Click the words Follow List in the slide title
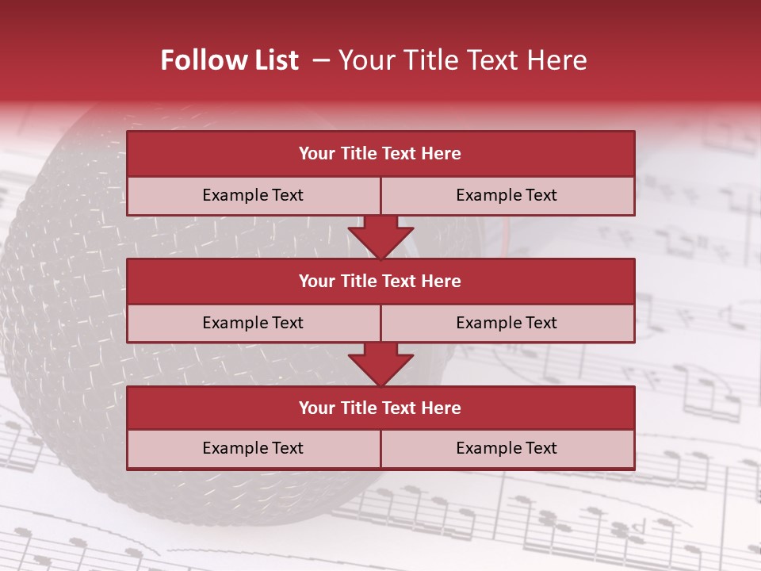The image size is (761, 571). click(229, 60)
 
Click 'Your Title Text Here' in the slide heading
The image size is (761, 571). click(462, 60)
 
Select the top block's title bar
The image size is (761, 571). click(380, 154)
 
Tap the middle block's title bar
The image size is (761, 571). click(380, 281)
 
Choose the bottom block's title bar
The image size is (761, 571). click(380, 408)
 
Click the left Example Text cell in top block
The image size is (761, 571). click(253, 195)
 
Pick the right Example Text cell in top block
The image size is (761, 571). click(507, 195)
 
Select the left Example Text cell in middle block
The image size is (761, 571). click(253, 323)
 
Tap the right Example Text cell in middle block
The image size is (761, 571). click(507, 323)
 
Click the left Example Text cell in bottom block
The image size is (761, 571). click(253, 448)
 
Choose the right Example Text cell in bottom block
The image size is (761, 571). click(507, 448)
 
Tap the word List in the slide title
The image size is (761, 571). click(275, 60)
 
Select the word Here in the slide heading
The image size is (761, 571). click(559, 60)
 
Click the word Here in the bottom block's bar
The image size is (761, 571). click(442, 408)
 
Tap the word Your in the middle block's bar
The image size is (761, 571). click(316, 281)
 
